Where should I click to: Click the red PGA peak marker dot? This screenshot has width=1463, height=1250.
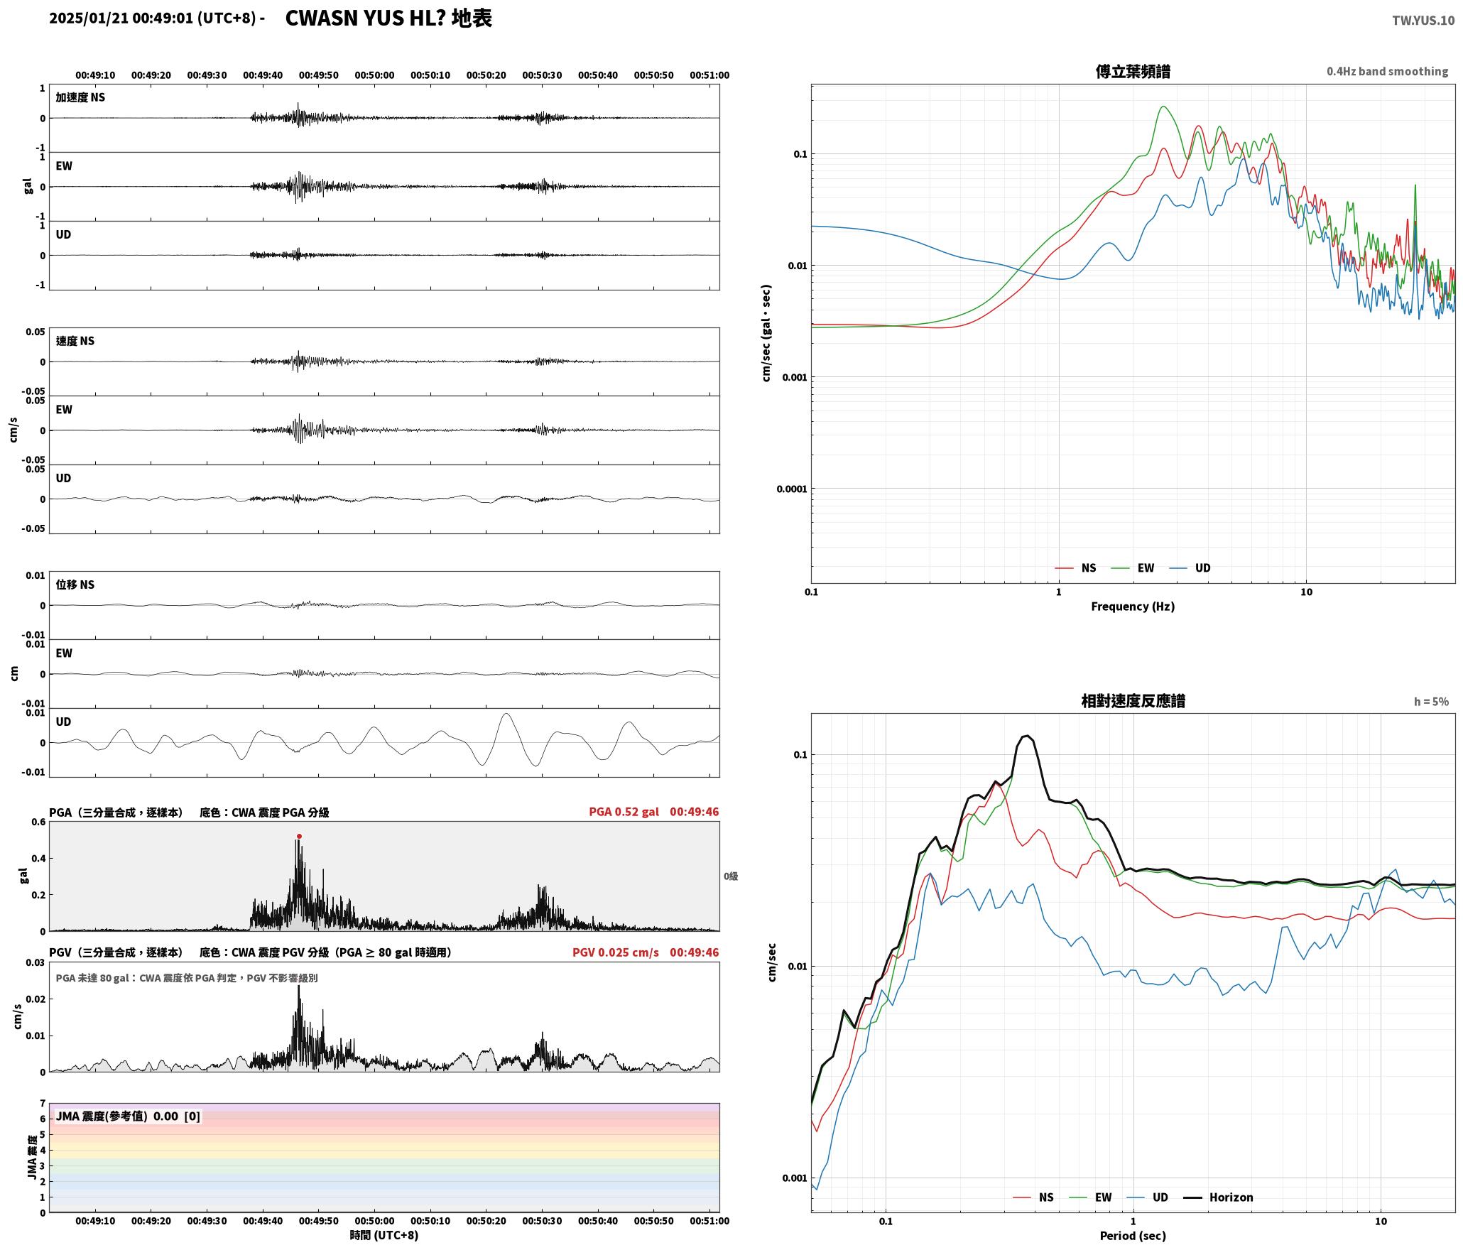click(299, 836)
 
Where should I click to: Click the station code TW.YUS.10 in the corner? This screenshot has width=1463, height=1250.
click(1423, 20)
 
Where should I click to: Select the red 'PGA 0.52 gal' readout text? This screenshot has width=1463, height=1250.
click(624, 811)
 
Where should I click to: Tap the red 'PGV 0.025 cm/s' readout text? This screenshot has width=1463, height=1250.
click(616, 952)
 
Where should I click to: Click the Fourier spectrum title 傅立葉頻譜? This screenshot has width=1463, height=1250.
click(1133, 71)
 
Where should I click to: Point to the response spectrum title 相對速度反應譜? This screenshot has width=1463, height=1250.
click(1133, 701)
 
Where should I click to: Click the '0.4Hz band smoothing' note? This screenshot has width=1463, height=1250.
click(1387, 71)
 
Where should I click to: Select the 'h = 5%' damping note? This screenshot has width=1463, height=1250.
click(1431, 702)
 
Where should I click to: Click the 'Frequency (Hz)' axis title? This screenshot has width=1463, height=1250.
click(1133, 606)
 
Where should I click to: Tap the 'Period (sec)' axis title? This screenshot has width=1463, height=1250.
click(1133, 1235)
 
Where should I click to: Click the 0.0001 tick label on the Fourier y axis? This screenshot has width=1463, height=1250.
click(792, 489)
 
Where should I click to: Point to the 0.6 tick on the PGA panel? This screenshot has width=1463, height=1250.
click(38, 822)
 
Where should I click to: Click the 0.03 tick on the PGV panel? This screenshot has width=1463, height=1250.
click(36, 962)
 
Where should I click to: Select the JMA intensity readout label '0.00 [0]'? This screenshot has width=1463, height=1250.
click(177, 1116)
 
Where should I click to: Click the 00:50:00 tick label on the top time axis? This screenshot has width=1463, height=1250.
click(374, 75)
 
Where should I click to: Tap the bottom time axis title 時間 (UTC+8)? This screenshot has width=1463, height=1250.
click(384, 1235)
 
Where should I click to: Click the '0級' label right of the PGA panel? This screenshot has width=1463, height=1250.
click(731, 876)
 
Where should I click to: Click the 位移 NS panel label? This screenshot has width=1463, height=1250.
click(75, 585)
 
